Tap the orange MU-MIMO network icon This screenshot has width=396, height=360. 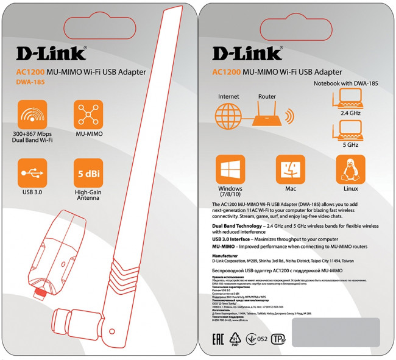(x=88, y=115)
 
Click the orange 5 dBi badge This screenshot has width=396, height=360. (x=88, y=173)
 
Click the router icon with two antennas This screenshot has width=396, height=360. (x=266, y=116)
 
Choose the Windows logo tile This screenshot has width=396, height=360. (x=230, y=168)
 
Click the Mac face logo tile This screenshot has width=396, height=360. (x=291, y=168)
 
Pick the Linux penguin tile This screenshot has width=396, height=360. (x=350, y=168)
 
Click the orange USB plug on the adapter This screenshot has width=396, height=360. (x=41, y=293)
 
